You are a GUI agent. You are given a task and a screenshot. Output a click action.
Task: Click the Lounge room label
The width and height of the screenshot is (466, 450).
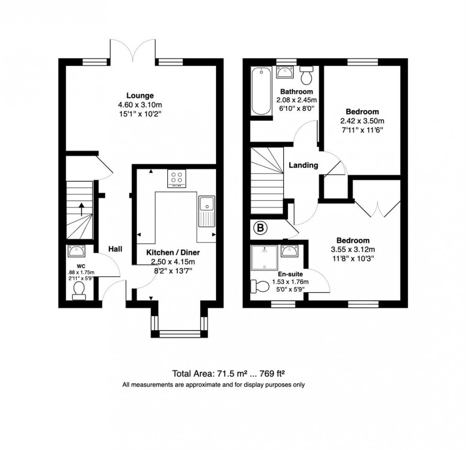(x=140, y=95)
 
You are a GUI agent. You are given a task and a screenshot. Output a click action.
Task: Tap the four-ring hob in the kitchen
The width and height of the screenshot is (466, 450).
(x=176, y=178)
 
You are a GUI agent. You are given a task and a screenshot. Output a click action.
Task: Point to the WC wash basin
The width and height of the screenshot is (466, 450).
(x=76, y=251)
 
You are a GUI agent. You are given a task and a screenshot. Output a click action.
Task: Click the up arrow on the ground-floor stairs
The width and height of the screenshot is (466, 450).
(x=81, y=209)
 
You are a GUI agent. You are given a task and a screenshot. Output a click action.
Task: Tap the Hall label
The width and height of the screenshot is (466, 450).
(x=115, y=249)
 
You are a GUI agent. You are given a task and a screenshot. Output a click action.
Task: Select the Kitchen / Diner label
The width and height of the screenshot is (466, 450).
(x=173, y=252)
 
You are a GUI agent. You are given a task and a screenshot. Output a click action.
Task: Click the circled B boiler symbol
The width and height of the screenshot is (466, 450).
(x=260, y=228)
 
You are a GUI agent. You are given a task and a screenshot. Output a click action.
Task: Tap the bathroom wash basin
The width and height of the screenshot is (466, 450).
(x=285, y=72)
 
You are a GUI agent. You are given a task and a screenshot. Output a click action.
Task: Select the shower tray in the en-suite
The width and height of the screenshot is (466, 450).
(x=264, y=258)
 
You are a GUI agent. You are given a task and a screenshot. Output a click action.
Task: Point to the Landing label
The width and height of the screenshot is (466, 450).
(x=303, y=165)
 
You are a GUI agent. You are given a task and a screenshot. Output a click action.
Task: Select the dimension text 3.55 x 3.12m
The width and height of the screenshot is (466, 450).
(x=353, y=250)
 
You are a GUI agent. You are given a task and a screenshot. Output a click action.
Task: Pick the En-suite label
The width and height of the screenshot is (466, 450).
(x=291, y=274)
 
